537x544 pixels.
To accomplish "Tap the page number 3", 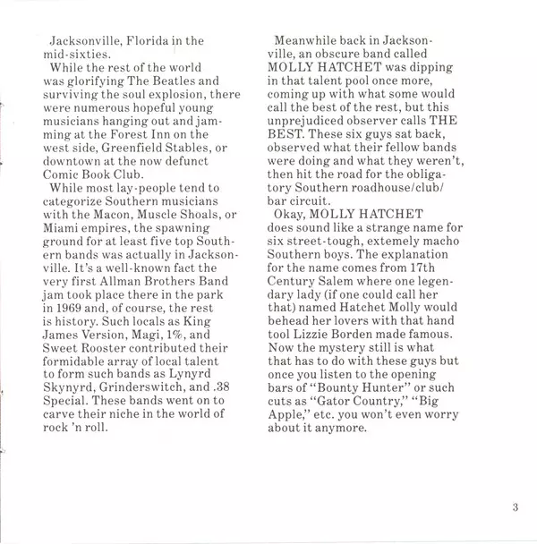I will (516, 510).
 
